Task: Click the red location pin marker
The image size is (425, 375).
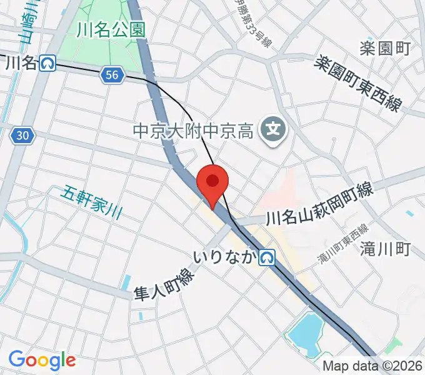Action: [212, 183]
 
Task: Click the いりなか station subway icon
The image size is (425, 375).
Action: [267, 256]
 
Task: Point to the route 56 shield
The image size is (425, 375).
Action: [111, 76]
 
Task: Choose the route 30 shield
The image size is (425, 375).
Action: [22, 135]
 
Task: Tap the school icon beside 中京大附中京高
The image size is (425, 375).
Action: [272, 130]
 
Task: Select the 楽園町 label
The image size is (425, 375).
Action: [385, 48]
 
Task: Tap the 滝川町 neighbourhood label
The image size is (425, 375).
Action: [385, 249]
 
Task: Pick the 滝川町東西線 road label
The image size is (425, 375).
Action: [343, 244]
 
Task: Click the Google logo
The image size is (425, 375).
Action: [42, 360]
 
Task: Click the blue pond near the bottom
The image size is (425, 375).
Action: [306, 335]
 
